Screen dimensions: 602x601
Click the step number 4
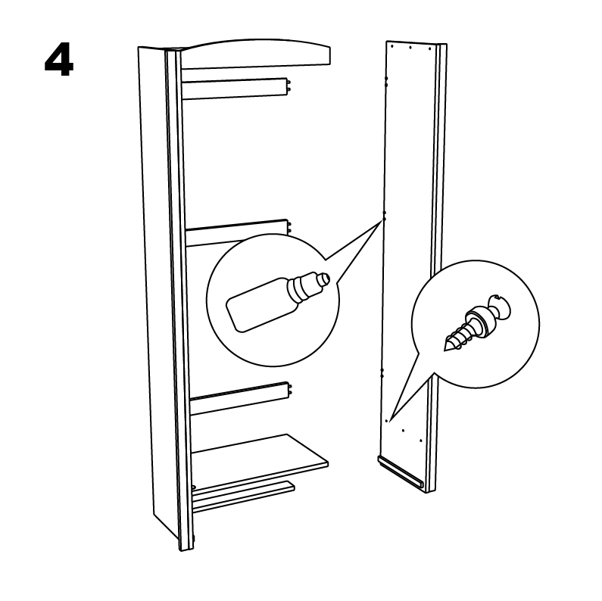coord(59,59)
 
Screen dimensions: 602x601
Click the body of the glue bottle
coord(261,305)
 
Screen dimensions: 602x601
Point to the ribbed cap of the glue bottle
coord(304,287)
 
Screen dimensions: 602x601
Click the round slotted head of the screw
coord(501,307)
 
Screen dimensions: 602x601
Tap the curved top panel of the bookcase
coord(255,54)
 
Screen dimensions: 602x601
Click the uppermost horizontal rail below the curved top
coord(235,89)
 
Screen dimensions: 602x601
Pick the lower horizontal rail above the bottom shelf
coord(239,397)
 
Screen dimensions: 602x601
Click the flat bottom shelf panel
coord(260,462)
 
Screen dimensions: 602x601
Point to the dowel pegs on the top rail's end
coord(289,86)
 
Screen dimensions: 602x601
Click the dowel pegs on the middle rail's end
coord(290,228)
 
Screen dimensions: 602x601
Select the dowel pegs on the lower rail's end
coord(290,390)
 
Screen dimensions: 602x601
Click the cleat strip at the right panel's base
coord(401,472)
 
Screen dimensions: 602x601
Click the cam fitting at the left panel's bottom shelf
coord(193,487)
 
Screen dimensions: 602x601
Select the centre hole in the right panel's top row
coord(410,48)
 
